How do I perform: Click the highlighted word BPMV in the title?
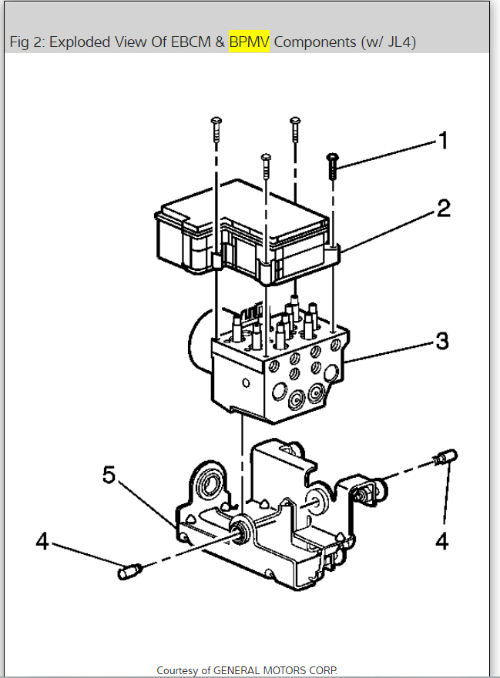pos(249,42)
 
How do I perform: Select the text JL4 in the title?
pos(398,42)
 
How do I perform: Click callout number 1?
pos(442,140)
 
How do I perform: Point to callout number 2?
pos(443,208)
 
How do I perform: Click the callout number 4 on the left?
pos(42,542)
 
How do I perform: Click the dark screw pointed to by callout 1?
pos(332,165)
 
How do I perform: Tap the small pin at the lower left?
pos(128,572)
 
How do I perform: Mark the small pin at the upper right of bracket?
pos(445,457)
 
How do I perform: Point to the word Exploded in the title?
pos(81,42)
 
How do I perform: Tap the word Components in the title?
pos(314,42)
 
